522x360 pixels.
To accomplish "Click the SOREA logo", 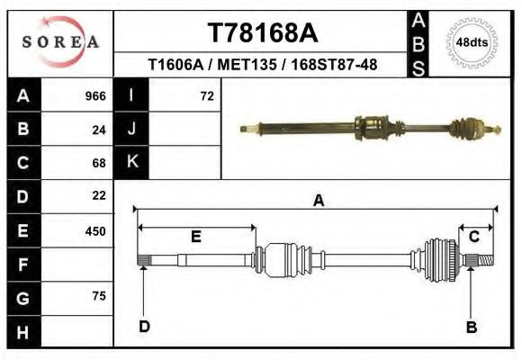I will point(60,42).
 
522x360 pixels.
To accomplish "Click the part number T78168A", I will point(263,33).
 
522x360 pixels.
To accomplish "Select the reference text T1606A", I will point(175,65).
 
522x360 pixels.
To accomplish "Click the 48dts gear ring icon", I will point(472,42).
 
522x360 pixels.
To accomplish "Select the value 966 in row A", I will point(95,96).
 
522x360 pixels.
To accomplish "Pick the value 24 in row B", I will point(99,130).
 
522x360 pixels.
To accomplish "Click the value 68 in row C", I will point(99,163).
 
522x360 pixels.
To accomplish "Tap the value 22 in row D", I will point(99,195).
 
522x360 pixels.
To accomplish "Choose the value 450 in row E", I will point(95,230).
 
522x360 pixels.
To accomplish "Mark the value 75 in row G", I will point(99,296).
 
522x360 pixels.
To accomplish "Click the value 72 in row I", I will point(207,96).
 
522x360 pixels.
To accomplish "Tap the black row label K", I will point(131,162).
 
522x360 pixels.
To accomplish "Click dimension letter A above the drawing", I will point(318,202).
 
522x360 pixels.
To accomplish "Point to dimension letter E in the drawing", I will point(195,237).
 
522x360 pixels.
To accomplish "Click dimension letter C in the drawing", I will point(473,237).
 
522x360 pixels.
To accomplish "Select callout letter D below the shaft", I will point(144,327).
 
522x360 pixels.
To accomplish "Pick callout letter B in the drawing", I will point(471,327).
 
